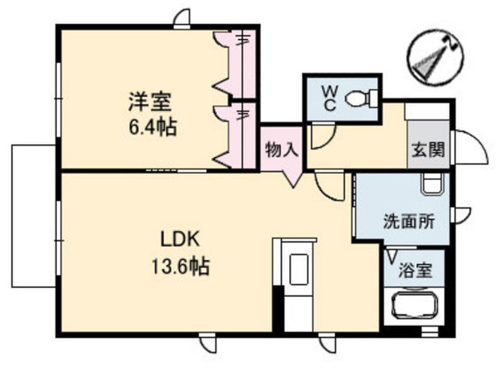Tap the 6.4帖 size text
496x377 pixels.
pos(152,128)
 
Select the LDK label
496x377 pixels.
pos(180,239)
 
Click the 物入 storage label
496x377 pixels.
pos(281,150)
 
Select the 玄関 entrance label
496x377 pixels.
pos(428,150)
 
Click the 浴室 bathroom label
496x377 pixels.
pos(415,270)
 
